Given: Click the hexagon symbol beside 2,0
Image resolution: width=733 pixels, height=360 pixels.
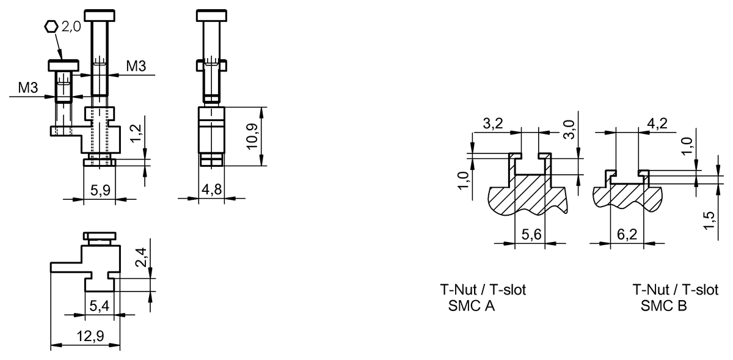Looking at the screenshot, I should tap(52, 26).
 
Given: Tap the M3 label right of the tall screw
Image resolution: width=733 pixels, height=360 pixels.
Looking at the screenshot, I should tap(136, 65).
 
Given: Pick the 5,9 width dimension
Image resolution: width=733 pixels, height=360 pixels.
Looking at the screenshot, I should tap(101, 190).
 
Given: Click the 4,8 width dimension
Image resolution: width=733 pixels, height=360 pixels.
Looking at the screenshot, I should tap(211, 190).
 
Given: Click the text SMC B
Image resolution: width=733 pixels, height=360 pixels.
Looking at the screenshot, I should tap(663, 306).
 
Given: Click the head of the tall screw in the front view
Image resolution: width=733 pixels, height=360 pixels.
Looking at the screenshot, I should tap(100, 14).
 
